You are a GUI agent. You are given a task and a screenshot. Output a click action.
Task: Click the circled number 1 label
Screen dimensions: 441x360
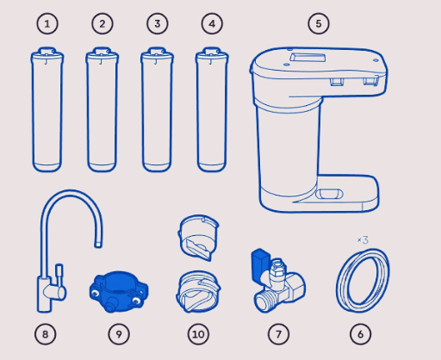(47, 24)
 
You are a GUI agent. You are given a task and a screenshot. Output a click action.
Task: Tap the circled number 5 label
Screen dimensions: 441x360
(319, 24)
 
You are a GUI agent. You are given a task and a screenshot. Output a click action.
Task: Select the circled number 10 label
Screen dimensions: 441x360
(198, 334)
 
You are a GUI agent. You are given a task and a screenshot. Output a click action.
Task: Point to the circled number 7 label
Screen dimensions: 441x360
(278, 334)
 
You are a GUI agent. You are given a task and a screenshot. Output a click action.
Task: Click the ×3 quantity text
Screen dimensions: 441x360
(363, 239)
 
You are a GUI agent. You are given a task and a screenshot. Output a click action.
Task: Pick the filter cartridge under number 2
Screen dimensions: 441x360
(102, 109)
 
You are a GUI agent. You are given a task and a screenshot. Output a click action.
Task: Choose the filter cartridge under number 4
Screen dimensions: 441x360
(212, 109)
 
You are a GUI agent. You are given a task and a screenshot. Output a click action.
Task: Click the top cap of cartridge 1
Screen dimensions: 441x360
(47, 54)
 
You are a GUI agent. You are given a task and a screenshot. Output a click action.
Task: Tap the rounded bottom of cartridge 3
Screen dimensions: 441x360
(157, 166)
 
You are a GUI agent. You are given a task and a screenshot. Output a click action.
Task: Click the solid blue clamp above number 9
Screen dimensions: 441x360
(119, 291)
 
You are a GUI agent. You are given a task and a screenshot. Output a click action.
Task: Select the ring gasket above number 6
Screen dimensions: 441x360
(363, 280)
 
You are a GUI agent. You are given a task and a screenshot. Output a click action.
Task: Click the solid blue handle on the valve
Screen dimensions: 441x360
(260, 265)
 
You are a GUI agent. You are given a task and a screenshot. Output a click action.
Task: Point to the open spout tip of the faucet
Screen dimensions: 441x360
(98, 245)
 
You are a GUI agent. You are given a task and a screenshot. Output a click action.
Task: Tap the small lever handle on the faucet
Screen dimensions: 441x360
(59, 273)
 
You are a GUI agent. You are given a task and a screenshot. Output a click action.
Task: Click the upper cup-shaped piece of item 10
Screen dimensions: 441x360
(198, 238)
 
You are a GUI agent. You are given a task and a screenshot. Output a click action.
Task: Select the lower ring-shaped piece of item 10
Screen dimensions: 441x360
(198, 291)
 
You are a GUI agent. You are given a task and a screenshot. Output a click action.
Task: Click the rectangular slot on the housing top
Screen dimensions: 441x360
(307, 58)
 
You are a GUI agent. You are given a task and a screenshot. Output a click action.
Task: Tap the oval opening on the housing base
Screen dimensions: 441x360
(329, 194)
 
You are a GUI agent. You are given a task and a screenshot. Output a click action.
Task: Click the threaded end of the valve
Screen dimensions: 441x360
(264, 302)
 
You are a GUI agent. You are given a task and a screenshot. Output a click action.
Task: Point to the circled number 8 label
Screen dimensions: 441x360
(46, 334)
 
